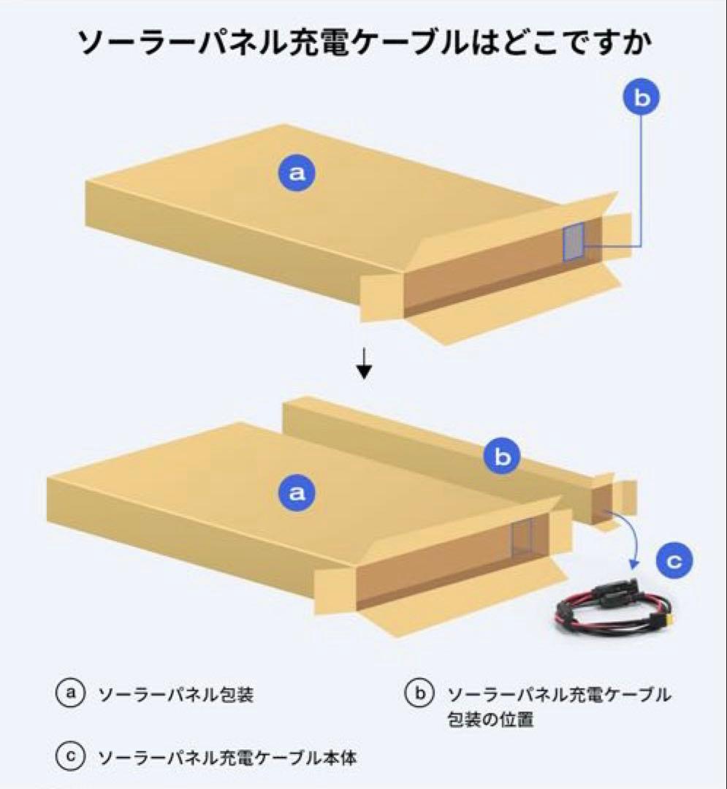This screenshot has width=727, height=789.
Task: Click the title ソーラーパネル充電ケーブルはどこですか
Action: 363,45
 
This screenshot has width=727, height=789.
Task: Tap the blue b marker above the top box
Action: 641,99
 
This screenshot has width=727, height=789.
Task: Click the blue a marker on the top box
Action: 296,173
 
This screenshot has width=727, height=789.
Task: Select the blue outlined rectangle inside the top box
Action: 574,241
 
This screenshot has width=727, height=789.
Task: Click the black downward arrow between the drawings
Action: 364,365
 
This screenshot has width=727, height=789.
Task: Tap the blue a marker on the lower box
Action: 296,493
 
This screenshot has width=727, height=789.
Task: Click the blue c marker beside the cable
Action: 674,562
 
